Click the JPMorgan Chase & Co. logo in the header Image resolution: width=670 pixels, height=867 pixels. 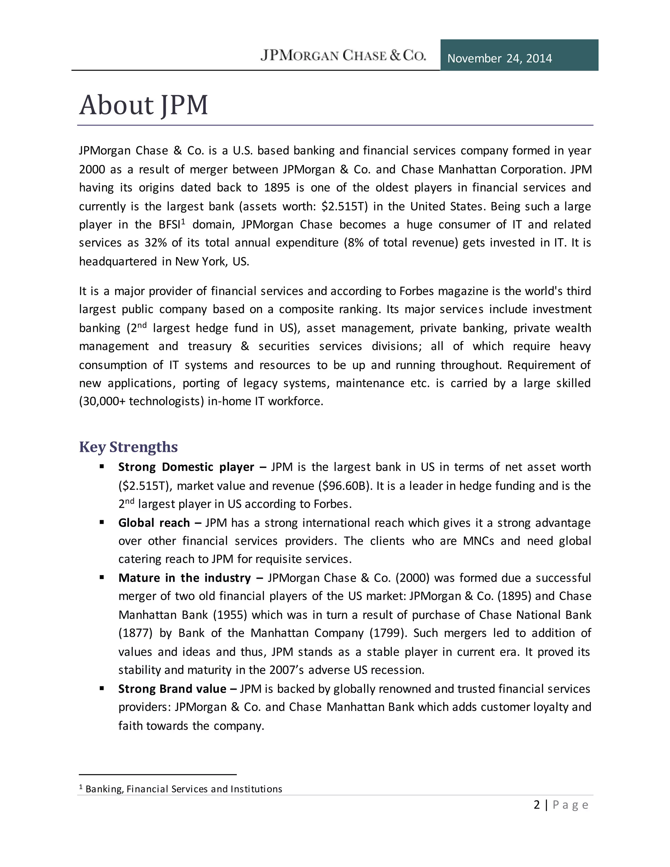tap(343, 55)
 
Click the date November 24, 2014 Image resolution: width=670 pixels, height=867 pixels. tap(499, 58)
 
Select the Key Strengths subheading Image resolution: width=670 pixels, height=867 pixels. tap(128, 447)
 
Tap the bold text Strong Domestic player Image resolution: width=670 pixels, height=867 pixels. tap(186, 467)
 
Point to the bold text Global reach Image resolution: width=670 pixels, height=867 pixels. tap(154, 523)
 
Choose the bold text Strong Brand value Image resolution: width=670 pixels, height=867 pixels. tap(172, 689)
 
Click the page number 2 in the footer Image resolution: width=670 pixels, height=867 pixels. tap(537, 805)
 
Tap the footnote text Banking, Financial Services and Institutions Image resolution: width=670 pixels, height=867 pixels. tap(184, 789)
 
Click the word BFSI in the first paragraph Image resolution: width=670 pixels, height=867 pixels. tap(169, 225)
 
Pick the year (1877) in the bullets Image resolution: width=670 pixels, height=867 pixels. tap(135, 633)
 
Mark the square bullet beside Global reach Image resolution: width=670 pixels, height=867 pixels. tap(102, 522)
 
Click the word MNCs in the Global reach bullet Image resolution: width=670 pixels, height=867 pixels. tap(478, 541)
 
